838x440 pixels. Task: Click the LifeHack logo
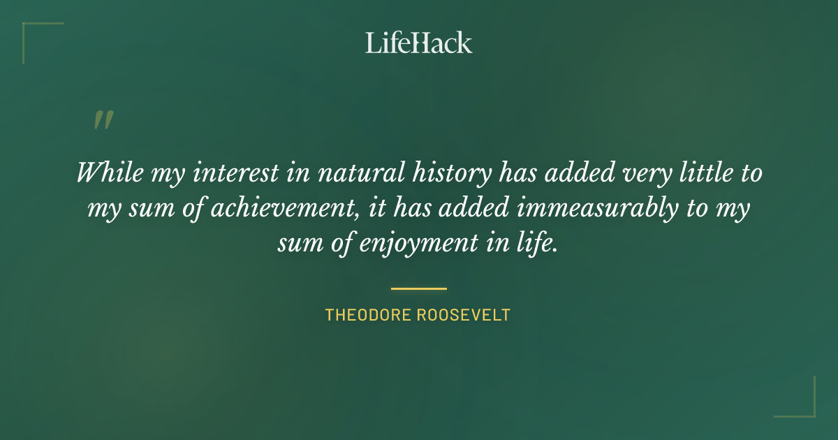[x=419, y=43]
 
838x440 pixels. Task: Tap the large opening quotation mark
[x=103, y=120]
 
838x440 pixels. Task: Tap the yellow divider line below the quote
[x=419, y=288]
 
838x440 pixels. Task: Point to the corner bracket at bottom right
[x=807, y=409]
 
